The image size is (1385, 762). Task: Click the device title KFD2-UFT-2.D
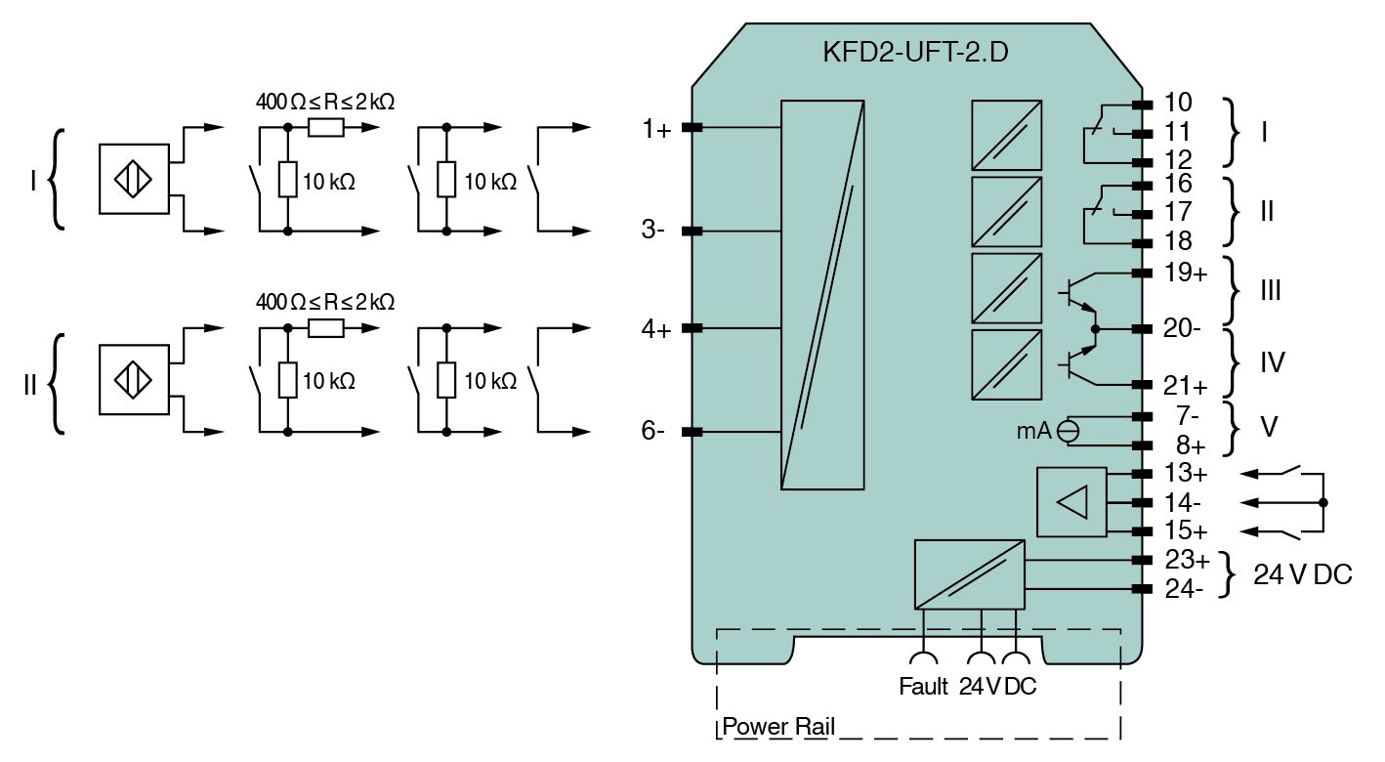tap(915, 53)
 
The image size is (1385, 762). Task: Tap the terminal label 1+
tap(656, 129)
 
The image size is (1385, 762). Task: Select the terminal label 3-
tap(654, 233)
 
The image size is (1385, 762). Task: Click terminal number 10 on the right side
tap(1178, 104)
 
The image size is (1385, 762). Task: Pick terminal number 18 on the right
tap(1178, 241)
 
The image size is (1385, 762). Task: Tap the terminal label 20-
tap(1182, 329)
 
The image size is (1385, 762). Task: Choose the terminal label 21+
tap(1184, 386)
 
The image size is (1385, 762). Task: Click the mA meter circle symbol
tap(1070, 430)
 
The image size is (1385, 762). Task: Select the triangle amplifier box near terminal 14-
tap(1071, 502)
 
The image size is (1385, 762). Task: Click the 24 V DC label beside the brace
tap(1303, 575)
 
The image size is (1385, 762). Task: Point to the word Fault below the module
tap(923, 687)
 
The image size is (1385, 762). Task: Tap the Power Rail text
tap(778, 729)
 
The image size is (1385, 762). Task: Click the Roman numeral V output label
tap(1267, 429)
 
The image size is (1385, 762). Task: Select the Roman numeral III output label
tap(1270, 291)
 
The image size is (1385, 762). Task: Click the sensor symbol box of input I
tap(134, 179)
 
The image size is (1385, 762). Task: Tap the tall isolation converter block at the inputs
tap(822, 294)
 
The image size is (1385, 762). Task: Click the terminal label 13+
tap(1186, 474)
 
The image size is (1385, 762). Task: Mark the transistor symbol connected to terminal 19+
tap(1077, 292)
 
